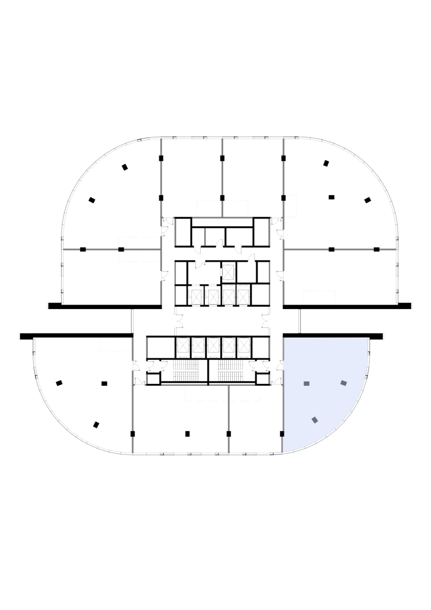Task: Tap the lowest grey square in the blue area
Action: point(315,420)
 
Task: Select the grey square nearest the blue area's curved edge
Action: point(344,383)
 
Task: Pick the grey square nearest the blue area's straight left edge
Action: point(306,383)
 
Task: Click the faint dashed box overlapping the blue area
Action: point(300,345)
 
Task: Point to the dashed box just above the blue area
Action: point(319,297)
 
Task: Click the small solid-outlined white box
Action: point(291,206)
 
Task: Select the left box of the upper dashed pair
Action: point(209,208)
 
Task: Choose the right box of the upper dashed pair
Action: point(236,208)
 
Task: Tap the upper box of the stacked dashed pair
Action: point(139,242)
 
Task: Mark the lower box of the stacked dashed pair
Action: point(139,256)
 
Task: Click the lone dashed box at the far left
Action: point(115,345)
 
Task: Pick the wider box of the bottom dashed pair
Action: point(206,393)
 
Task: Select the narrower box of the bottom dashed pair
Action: point(245,393)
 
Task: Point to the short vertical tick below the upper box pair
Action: point(205,237)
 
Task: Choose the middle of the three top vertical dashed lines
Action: point(222,168)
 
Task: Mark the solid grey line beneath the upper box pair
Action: point(222,218)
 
